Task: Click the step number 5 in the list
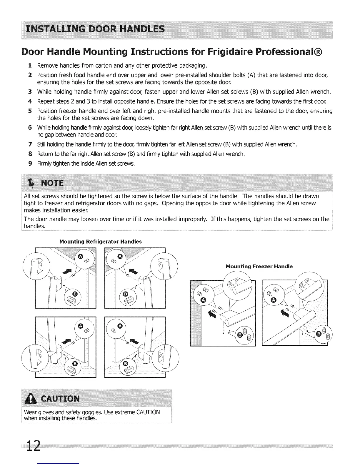(x=30, y=111)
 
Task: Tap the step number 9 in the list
(x=30, y=163)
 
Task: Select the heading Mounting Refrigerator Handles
(x=100, y=242)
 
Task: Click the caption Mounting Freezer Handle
(x=259, y=267)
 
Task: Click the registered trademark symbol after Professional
(x=318, y=52)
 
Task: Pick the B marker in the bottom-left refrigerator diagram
(x=75, y=364)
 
